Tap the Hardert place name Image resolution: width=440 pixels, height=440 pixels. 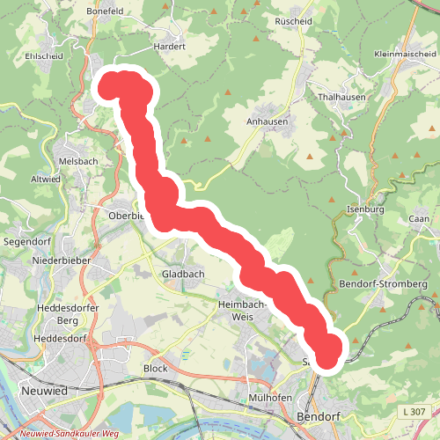(170, 46)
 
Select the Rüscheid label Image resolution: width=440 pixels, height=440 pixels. (294, 20)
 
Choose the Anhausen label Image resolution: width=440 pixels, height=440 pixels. (266, 123)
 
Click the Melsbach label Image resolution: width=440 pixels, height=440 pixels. (77, 162)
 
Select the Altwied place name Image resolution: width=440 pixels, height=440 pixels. (46, 179)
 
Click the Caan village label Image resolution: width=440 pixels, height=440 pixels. (419, 218)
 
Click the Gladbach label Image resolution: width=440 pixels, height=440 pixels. (183, 275)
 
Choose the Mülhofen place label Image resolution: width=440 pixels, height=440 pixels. (270, 396)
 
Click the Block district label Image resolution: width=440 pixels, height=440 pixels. (155, 369)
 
